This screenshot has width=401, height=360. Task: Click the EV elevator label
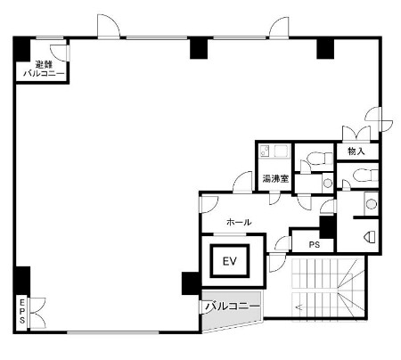[x=230, y=261]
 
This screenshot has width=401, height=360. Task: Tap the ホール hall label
[x=239, y=222]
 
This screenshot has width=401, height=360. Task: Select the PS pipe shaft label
[x=315, y=245]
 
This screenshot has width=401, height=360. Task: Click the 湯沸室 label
[x=275, y=179]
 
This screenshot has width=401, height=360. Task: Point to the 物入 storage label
[x=356, y=151]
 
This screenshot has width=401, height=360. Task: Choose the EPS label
[x=22, y=311]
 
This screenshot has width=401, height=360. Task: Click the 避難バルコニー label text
[x=44, y=69]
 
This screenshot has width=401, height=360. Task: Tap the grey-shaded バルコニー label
[x=233, y=306]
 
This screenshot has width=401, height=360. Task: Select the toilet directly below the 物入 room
[x=365, y=175]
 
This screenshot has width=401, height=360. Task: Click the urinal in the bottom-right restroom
[x=370, y=237]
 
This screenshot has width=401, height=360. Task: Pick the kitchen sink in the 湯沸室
[x=265, y=151]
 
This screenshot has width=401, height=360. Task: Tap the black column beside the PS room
[x=327, y=227]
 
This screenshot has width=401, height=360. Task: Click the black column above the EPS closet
[x=22, y=281]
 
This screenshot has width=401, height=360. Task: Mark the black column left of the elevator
[x=191, y=283]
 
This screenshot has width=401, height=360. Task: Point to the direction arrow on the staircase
[x=299, y=307]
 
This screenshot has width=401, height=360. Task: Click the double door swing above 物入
[x=356, y=133]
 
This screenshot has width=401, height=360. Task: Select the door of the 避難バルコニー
[x=60, y=53]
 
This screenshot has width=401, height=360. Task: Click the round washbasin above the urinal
[x=371, y=204]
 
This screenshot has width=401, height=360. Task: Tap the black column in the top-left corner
[x=22, y=49]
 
